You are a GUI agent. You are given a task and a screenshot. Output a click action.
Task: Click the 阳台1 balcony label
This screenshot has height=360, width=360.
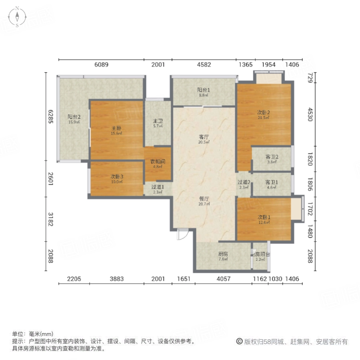coord(204,90)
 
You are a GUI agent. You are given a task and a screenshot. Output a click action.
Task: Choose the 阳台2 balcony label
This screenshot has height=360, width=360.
coord(74,117)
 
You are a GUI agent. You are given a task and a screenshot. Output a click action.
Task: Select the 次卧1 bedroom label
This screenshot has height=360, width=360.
coord(264,217)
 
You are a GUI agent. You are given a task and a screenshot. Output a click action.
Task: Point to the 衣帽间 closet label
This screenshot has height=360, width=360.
coord(158,162)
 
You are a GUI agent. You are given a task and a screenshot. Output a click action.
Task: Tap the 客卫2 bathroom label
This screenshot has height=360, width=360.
coord(272,157)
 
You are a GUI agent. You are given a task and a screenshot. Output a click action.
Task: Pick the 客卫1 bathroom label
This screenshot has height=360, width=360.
coord(272,182)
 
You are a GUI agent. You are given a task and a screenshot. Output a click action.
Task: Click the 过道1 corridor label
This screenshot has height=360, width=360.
coord(158,187)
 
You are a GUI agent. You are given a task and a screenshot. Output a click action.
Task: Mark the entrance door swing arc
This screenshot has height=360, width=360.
coord(182,235)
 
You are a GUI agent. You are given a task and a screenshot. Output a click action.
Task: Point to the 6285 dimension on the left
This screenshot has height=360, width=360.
coord(51,116)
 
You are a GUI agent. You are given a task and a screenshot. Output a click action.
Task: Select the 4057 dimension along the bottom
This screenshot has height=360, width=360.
coord(223,279)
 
